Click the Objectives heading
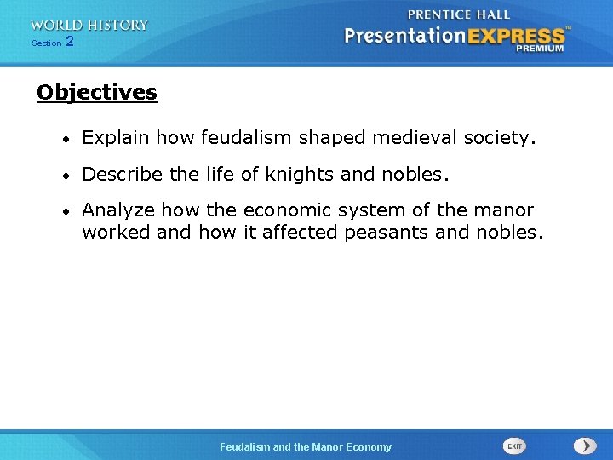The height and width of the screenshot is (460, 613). [97, 93]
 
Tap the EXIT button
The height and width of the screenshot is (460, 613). [514, 446]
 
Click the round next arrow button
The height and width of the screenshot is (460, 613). [584, 446]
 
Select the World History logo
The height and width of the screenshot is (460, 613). [89, 26]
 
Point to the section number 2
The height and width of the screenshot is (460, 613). [69, 41]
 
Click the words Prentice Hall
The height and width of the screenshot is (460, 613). [458, 14]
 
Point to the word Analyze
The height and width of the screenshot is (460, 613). [118, 210]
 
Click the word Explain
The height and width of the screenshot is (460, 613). [116, 137]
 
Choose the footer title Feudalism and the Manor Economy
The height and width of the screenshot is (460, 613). [306, 446]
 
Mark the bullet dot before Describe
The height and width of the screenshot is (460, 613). [66, 175]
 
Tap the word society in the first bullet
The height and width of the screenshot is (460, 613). [504, 137]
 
